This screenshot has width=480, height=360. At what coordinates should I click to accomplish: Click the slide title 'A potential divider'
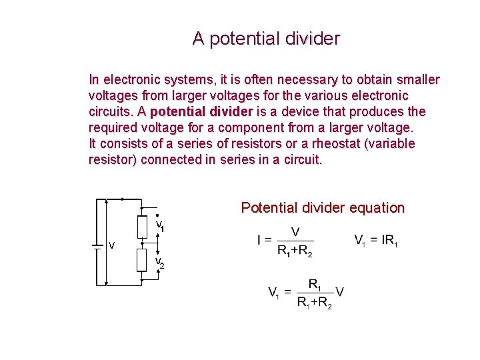click(x=266, y=39)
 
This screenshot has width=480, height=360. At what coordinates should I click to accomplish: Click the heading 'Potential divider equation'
click(x=323, y=208)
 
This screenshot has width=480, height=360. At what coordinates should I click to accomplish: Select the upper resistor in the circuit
click(x=141, y=227)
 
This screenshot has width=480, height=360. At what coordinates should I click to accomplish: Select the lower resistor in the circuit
click(x=141, y=260)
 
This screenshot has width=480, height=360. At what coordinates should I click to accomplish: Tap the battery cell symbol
click(x=97, y=244)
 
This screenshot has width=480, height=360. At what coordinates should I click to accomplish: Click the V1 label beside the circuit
click(x=160, y=226)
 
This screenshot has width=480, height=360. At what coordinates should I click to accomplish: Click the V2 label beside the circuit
click(x=159, y=263)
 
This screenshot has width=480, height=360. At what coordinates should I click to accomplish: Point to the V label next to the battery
click(x=111, y=245)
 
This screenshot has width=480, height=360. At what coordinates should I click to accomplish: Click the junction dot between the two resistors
click(x=141, y=244)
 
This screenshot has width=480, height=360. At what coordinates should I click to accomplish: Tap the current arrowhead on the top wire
click(x=124, y=199)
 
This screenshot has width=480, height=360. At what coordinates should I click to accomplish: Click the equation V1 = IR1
click(x=375, y=239)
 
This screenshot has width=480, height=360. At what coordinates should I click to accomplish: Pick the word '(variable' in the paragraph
click(x=391, y=143)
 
